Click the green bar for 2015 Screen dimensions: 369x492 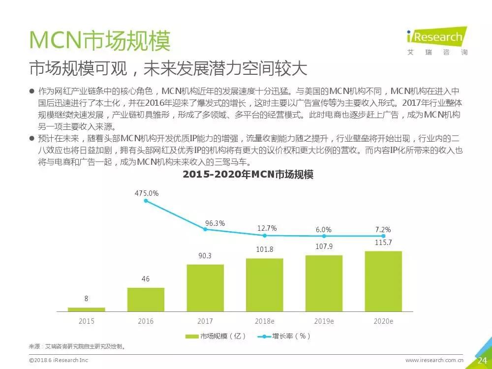click(x=86, y=309)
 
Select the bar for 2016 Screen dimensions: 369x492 click(x=146, y=299)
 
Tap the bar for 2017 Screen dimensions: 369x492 click(x=205, y=288)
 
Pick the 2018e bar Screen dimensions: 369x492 click(x=265, y=285)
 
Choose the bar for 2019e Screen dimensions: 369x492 click(x=324, y=283)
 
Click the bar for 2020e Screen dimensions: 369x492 click(x=383, y=281)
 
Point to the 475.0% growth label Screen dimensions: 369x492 click(x=147, y=193)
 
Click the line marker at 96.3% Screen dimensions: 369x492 click(x=206, y=229)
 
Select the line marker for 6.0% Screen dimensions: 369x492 click(x=324, y=236)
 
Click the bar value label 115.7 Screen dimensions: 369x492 click(x=384, y=243)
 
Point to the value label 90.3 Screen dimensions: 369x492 click(x=205, y=256)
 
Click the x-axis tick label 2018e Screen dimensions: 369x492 click(x=265, y=321)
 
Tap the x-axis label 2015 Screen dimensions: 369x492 click(x=87, y=321)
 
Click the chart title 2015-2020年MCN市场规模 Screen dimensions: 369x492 click(x=248, y=175)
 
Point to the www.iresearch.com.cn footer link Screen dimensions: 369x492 click(x=434, y=360)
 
